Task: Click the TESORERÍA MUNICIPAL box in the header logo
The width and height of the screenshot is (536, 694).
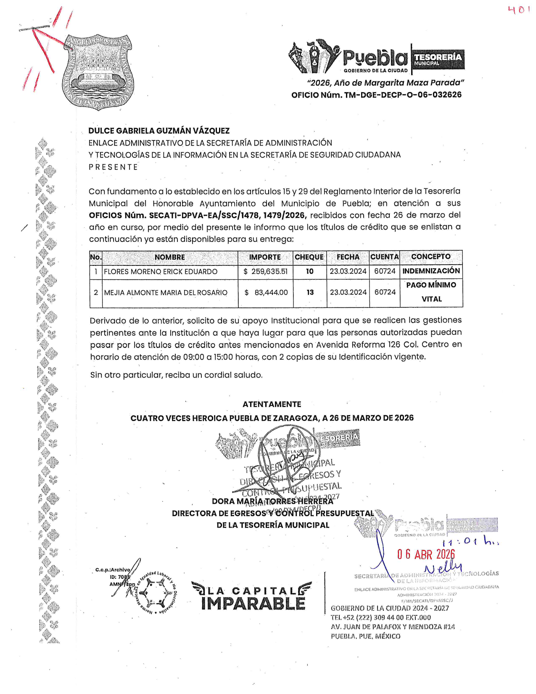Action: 438,59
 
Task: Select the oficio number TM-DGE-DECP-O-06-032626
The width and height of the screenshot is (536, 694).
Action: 403,95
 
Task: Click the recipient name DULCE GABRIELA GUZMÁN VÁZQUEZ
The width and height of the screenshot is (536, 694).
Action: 159,131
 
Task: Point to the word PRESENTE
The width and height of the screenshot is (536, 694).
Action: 113,167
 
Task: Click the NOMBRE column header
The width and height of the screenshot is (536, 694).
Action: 169,257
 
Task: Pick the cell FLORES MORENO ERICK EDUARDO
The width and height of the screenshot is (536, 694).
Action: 161,272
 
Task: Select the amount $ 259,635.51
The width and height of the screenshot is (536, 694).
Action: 266,272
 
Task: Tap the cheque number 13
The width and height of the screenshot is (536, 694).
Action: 310,292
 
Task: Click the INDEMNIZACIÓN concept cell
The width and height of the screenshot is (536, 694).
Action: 431,271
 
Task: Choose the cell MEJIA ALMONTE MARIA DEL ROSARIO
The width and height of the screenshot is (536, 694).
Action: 166,292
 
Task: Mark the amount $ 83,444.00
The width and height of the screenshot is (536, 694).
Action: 266,292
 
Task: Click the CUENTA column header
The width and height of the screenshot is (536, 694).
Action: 384,257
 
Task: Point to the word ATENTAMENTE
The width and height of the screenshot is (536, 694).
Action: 272,404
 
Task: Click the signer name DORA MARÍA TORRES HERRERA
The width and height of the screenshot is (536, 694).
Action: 272,501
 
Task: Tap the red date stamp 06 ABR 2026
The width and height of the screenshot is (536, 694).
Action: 426,554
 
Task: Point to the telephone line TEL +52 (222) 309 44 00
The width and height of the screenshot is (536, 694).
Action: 380,617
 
